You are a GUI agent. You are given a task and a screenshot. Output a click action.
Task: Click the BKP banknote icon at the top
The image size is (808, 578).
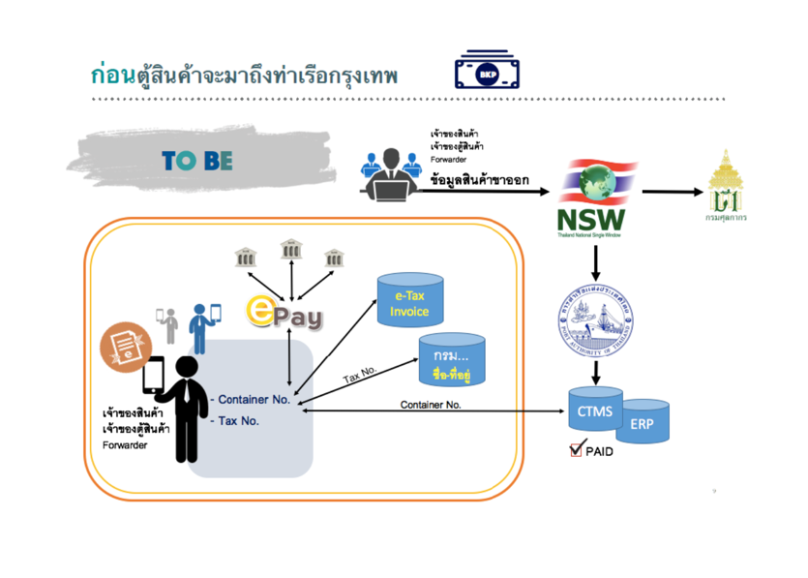click(x=487, y=72)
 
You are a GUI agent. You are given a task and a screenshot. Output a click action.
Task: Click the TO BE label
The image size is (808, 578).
click(x=197, y=161)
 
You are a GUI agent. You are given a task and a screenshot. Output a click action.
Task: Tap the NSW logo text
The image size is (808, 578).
click(x=591, y=220)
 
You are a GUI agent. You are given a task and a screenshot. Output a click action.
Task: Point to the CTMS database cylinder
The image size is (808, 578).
click(x=594, y=411)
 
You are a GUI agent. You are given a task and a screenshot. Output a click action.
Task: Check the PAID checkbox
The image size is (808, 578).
click(x=577, y=449)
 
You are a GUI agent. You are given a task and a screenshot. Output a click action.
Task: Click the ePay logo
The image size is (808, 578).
click(x=285, y=311)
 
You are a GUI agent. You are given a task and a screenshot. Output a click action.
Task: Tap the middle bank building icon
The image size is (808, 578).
click(x=290, y=250)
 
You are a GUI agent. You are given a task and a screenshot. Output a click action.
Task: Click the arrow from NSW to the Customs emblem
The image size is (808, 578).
click(x=672, y=192)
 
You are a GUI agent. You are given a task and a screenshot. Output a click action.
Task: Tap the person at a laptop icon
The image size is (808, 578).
click(x=391, y=172)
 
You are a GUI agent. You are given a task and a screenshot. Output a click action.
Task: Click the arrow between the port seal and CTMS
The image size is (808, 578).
click(x=595, y=371)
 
